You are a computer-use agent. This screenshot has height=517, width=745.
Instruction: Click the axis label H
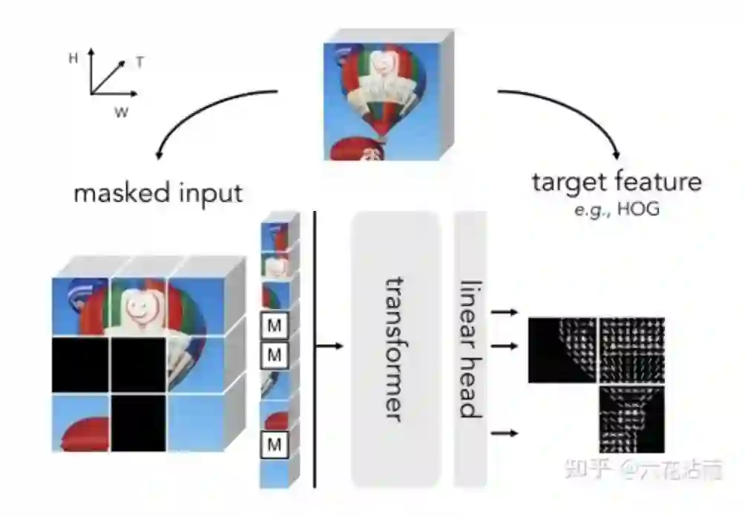click(x=73, y=58)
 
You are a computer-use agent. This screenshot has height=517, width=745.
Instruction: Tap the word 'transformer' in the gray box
click(x=396, y=349)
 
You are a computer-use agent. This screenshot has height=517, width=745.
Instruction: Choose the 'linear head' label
click(x=469, y=349)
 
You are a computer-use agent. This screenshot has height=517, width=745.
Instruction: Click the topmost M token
click(x=275, y=325)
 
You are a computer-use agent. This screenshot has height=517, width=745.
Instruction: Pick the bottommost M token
click(x=275, y=444)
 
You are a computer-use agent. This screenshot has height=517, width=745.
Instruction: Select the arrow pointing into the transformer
click(x=330, y=346)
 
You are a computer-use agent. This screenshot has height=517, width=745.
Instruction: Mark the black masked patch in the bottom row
click(x=138, y=422)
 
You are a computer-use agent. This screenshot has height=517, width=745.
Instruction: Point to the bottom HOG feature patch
click(x=631, y=419)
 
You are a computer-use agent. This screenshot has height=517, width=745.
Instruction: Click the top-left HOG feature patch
click(x=562, y=350)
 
